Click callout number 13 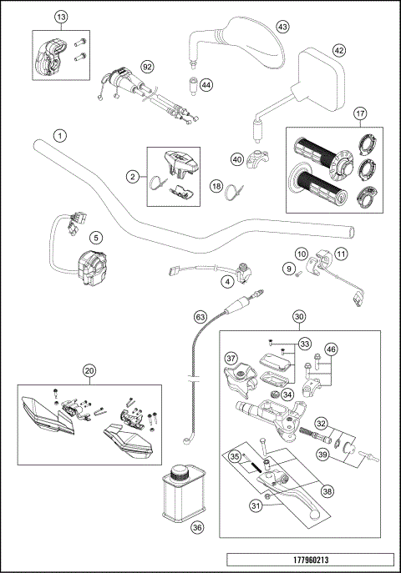pos(61,18)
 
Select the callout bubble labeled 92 pos(147,65)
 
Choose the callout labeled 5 pos(96,237)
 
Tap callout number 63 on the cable pos(200,317)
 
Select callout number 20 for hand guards pos(90,370)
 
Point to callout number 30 pos(299,316)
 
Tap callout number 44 pos(206,85)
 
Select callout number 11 pos(342,254)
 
